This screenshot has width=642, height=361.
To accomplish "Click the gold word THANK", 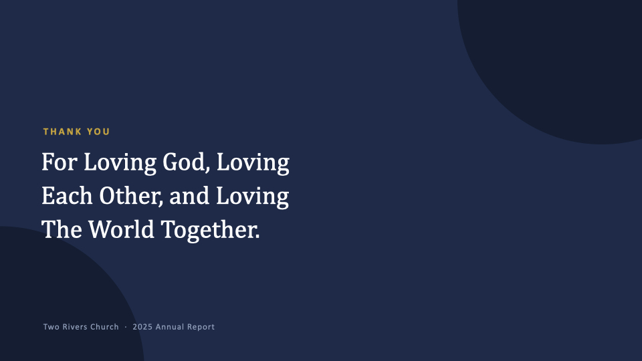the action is [62, 132].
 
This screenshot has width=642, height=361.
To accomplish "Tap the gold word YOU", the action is [98, 132].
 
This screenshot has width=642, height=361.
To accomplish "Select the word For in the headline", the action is [60, 162].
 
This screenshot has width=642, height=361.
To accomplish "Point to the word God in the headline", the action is [187, 162].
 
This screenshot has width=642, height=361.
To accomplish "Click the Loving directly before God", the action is [120, 163].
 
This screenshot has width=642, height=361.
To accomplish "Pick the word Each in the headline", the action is [67, 196].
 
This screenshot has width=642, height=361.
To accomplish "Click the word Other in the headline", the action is [131, 196].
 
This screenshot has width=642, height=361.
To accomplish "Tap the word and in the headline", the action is [189, 196].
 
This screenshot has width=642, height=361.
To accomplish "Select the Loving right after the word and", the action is [253, 197].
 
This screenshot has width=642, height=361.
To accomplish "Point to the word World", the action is [121, 229].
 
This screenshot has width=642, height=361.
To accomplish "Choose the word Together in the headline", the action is [210, 231].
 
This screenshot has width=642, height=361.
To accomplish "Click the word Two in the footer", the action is [51, 327].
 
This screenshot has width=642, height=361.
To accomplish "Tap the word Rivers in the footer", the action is [74, 327].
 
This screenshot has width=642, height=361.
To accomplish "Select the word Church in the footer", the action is [104, 327].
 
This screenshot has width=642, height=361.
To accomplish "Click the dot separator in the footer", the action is [126, 327].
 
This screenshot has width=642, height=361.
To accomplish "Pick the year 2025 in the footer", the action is [142, 327].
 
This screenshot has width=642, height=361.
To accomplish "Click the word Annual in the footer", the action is [169, 327].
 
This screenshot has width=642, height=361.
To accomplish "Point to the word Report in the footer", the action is [201, 327].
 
